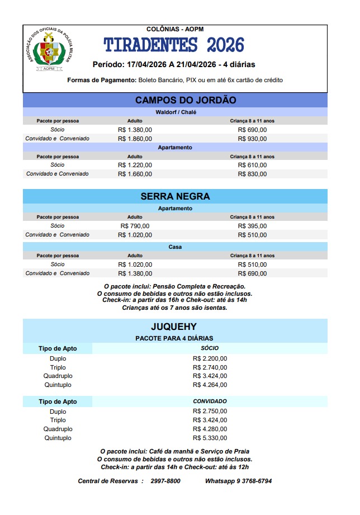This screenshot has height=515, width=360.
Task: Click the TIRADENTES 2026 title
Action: [x=174, y=45]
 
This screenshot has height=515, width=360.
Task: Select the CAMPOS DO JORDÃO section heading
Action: [x=174, y=100]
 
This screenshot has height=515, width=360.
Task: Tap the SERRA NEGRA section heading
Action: [x=175, y=196]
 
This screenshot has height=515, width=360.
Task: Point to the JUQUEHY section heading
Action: [x=174, y=327]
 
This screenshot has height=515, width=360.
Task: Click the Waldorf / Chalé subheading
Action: [x=175, y=112]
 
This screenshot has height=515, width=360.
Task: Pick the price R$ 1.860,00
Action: [x=135, y=139]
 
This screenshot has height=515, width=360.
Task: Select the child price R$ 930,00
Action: [x=252, y=139]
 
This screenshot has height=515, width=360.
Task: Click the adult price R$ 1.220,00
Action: [x=135, y=165]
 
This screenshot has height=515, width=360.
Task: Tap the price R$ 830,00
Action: [x=252, y=174]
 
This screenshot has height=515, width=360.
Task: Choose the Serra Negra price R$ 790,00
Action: [x=135, y=226]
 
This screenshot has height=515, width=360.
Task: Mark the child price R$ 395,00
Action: [x=252, y=226]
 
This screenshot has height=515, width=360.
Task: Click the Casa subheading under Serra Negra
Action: [x=175, y=247]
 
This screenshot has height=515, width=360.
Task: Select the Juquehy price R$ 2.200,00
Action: [x=210, y=358]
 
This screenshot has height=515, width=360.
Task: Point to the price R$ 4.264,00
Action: [x=210, y=385]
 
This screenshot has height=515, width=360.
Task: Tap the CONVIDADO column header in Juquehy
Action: [x=210, y=401]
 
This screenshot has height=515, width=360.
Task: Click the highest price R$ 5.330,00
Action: [x=210, y=438]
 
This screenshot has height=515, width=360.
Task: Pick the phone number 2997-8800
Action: [x=165, y=481]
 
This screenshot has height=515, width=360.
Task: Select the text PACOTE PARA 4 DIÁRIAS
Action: [x=174, y=338]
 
